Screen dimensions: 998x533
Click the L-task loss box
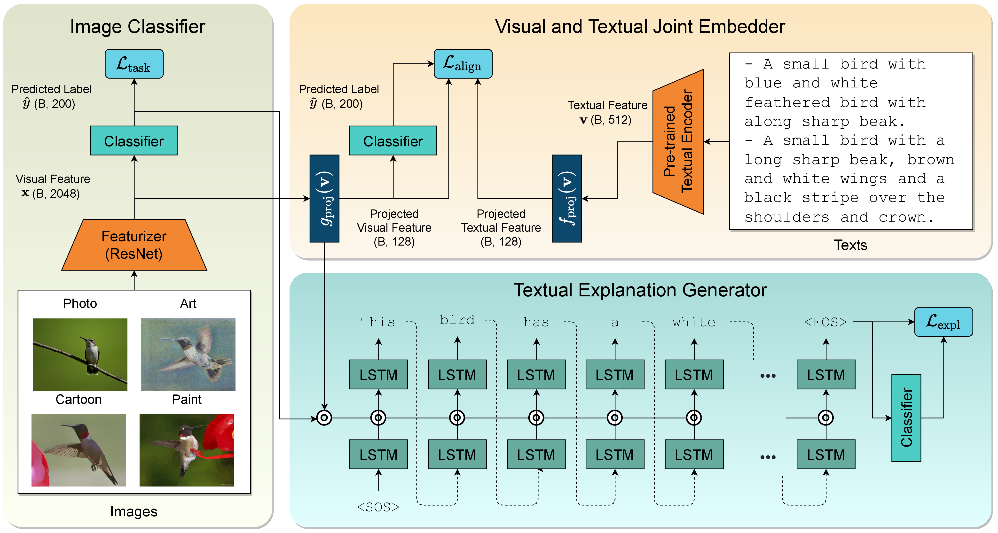[x=134, y=63]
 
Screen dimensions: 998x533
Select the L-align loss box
[x=463, y=63]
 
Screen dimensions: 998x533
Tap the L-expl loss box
[x=943, y=322]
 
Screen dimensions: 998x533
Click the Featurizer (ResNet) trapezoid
[x=134, y=245]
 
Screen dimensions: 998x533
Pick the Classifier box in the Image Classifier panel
[x=134, y=141]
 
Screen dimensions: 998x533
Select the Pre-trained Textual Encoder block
[x=678, y=141]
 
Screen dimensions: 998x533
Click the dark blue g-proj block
[x=324, y=198]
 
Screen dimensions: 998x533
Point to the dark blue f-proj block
[x=567, y=198]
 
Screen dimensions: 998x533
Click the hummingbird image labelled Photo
[x=80, y=355]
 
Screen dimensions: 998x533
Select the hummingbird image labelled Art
[x=188, y=355]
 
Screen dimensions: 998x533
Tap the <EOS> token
[x=825, y=322]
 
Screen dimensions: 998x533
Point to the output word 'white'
[x=694, y=322]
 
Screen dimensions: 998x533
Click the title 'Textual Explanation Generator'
[x=640, y=290]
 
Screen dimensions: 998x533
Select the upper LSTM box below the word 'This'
[x=378, y=375]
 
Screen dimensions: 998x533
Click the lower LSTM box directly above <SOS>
[x=378, y=454]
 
